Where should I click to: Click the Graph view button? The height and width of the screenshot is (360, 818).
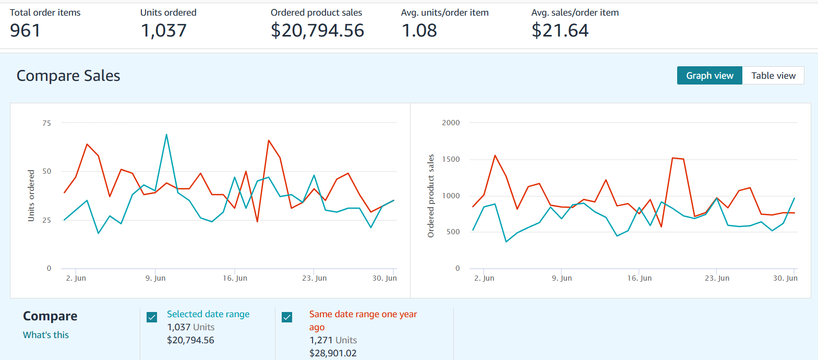(x=709, y=76)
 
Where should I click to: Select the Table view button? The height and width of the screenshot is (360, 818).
(x=773, y=76)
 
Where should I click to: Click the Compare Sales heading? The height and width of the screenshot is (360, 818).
(x=68, y=76)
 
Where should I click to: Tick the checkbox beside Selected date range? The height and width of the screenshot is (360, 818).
(x=152, y=317)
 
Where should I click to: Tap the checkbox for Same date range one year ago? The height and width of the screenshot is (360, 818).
(x=287, y=317)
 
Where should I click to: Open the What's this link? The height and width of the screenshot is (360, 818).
(x=46, y=335)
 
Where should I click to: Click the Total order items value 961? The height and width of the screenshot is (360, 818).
(x=25, y=30)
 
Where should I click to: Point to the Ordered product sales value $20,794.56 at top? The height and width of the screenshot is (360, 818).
(x=317, y=30)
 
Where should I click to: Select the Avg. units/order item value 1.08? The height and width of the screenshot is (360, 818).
(x=419, y=30)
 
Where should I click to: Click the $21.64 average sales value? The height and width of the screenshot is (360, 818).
(x=560, y=30)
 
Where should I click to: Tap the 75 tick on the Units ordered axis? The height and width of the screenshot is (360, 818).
(x=47, y=123)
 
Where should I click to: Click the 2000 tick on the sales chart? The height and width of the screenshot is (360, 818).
(x=451, y=123)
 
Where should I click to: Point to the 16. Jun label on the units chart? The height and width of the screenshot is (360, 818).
(x=235, y=279)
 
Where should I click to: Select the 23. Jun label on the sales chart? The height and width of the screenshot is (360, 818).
(x=717, y=279)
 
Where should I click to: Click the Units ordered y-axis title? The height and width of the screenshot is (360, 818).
(x=31, y=196)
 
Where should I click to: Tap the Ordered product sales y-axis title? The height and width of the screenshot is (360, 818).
(x=431, y=196)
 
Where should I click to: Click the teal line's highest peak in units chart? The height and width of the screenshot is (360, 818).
(x=166, y=135)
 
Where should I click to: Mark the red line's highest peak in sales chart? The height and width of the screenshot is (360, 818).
(x=495, y=155)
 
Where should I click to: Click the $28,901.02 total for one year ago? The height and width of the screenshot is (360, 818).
(x=333, y=353)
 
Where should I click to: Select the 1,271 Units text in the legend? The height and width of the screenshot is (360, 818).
(x=333, y=340)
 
